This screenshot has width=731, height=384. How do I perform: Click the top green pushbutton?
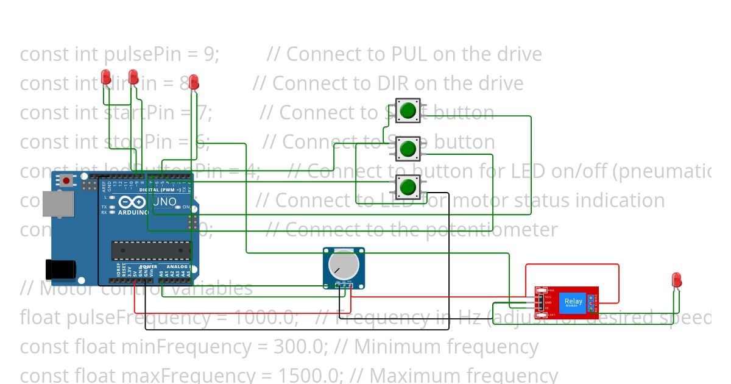click(x=408, y=111)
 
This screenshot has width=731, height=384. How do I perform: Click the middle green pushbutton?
click(x=408, y=148)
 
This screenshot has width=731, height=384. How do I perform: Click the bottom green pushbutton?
click(x=408, y=186)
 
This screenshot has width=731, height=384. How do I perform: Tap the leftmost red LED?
click(x=106, y=77)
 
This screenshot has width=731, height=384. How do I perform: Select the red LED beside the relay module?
click(x=676, y=280)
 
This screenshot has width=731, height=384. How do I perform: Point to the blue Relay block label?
click(x=573, y=302)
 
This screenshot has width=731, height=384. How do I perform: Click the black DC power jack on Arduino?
click(x=60, y=269)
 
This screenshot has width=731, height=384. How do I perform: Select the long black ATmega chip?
click(x=150, y=250)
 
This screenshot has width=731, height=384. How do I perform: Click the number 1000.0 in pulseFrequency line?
click(x=264, y=318)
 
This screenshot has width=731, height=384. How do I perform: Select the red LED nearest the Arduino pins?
click(x=194, y=82)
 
